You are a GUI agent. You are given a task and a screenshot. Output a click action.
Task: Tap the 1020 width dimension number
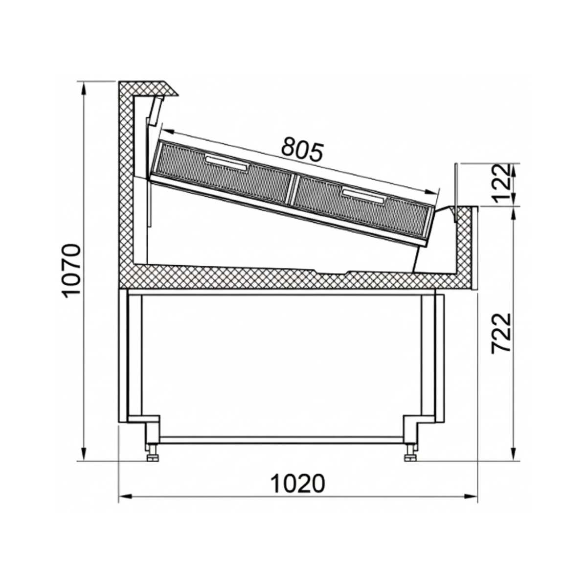point(297,484)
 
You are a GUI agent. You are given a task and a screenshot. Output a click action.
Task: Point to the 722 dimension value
point(501,333)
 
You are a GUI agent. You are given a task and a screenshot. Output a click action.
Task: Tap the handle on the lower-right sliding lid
point(364,195)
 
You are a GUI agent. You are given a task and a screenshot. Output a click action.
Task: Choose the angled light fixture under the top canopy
point(156,110)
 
